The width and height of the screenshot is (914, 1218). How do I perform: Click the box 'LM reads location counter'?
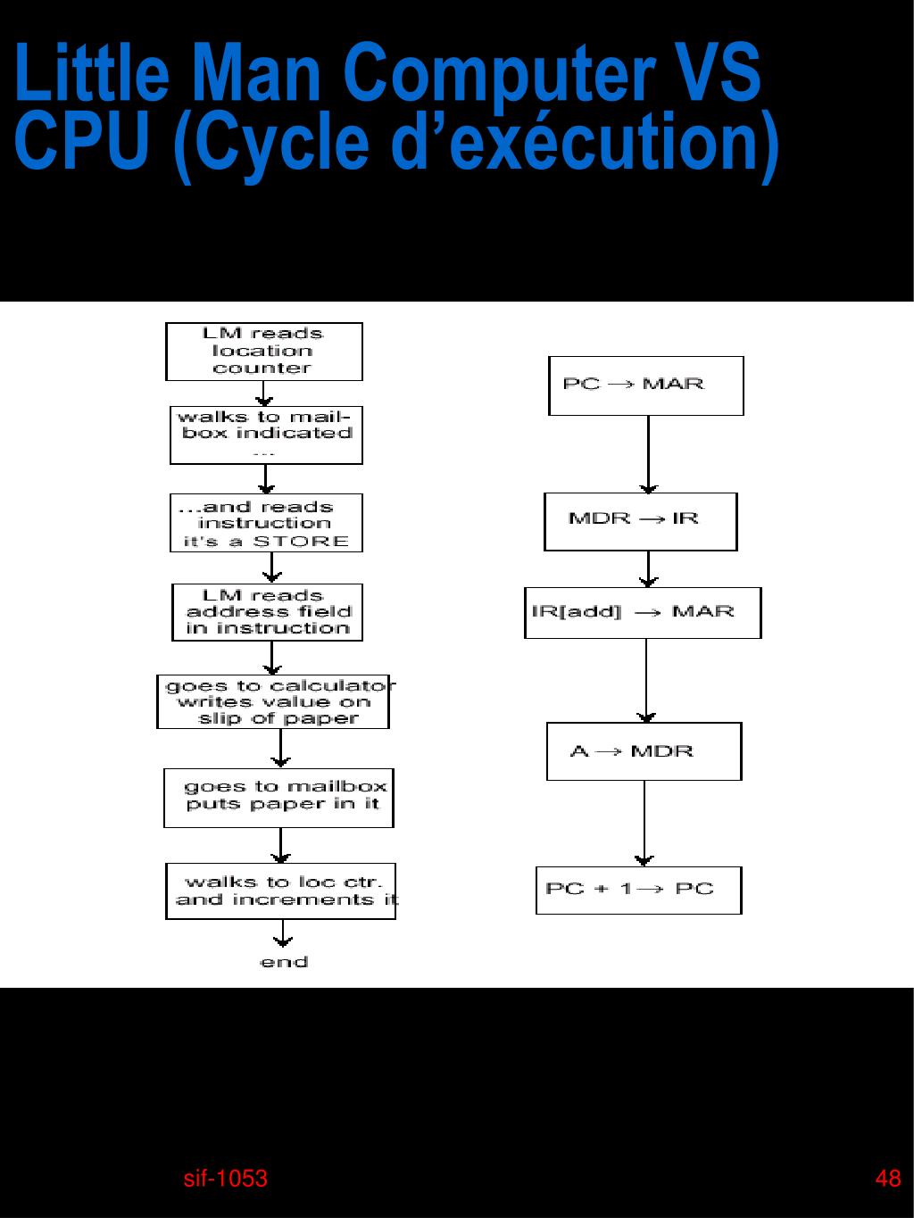tap(263, 352)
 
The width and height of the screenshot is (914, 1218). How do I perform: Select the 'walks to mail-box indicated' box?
tap(266, 435)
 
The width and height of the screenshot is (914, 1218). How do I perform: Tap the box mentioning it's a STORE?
tap(266, 523)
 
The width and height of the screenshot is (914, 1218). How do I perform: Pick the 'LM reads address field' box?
tap(267, 612)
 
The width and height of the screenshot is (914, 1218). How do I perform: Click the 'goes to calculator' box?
tap(273, 701)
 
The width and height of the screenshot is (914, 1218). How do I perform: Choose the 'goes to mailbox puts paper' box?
tap(278, 798)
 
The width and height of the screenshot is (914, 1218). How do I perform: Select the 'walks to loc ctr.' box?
tap(280, 891)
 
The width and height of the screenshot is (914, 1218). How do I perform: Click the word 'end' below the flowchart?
tap(284, 962)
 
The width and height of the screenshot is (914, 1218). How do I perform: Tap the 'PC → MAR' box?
tap(645, 385)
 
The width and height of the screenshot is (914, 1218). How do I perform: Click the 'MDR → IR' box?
tap(640, 521)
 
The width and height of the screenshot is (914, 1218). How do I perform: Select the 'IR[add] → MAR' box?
tap(643, 612)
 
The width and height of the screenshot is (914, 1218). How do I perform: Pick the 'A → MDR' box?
tap(644, 751)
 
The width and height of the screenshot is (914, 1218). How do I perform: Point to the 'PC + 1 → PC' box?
tap(638, 890)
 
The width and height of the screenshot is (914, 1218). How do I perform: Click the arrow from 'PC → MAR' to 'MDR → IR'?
tap(649, 453)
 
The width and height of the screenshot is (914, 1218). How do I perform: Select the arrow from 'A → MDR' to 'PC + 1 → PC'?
tap(644, 823)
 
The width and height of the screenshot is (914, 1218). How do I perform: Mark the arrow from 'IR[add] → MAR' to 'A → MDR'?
tap(646, 680)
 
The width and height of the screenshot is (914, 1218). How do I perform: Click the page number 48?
tap(888, 1179)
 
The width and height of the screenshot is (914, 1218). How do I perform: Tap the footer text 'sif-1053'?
tap(225, 1179)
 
